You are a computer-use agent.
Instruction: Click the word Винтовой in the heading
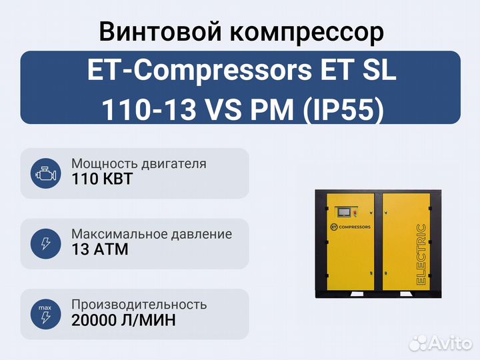(160, 31)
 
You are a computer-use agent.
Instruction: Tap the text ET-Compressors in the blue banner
(199, 71)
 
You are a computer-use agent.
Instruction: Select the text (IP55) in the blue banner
(343, 109)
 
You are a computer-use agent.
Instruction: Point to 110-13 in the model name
(149, 109)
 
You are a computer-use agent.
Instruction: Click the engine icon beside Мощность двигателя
(45, 173)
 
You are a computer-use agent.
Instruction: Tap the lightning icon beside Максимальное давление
(45, 244)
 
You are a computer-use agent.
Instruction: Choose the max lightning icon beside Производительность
(45, 314)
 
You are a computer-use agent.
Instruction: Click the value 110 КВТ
(102, 179)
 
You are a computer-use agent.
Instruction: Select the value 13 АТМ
(100, 249)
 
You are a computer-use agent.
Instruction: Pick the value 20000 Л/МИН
(124, 320)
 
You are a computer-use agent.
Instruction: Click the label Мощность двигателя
(139, 164)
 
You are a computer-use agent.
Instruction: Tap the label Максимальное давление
(151, 234)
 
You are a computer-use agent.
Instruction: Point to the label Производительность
(139, 305)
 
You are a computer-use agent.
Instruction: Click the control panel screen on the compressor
(345, 212)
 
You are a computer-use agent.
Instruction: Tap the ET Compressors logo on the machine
(351, 227)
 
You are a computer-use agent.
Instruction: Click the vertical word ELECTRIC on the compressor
(421, 255)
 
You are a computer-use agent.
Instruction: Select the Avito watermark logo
(441, 343)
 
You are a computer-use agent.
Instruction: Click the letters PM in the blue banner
(272, 109)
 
